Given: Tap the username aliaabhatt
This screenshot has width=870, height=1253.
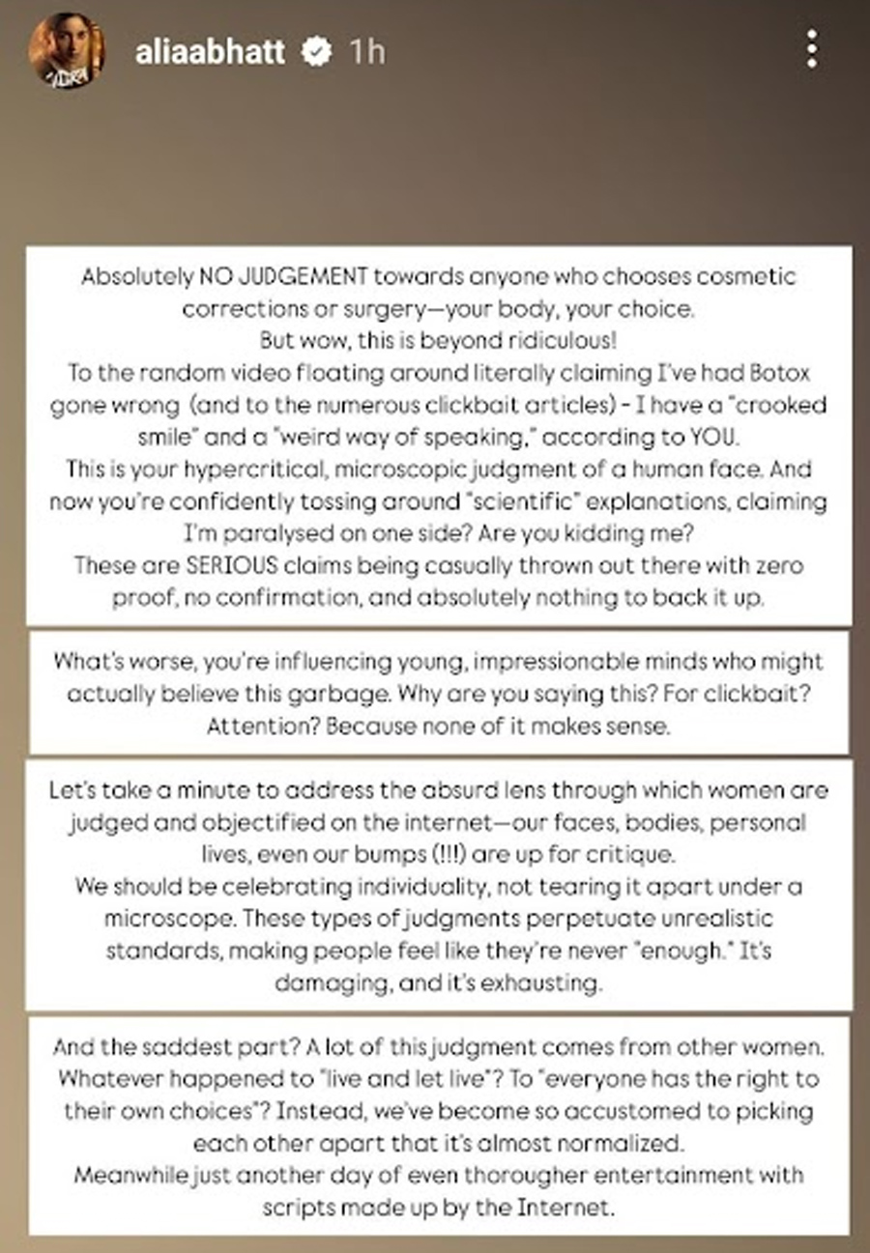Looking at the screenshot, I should (x=210, y=50).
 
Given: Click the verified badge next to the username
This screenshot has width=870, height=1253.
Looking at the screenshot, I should (x=317, y=51).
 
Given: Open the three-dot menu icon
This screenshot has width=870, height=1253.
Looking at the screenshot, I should (x=812, y=48).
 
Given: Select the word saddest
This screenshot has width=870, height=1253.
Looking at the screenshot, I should (x=188, y=1047).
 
